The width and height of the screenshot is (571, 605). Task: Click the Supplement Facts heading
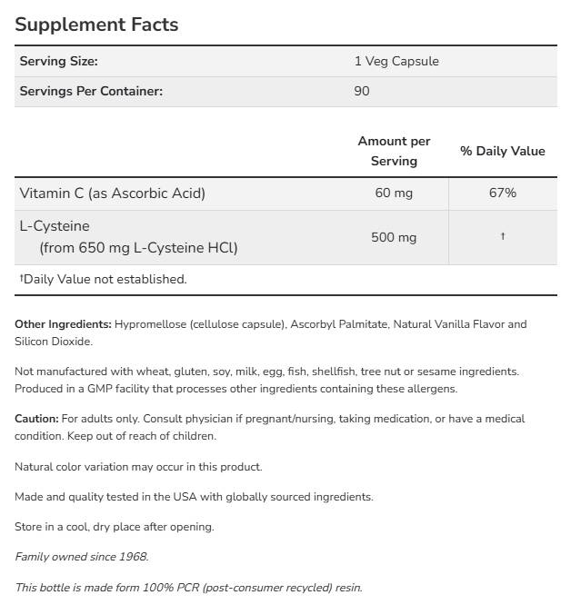(x=96, y=25)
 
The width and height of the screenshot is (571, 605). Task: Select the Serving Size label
(x=58, y=62)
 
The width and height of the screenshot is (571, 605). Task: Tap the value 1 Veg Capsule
(x=396, y=62)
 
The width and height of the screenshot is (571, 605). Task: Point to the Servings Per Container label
(x=91, y=91)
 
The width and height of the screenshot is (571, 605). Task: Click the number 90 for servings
(x=362, y=91)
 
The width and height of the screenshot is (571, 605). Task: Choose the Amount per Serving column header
(x=394, y=151)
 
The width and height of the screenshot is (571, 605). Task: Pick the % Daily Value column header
(x=502, y=151)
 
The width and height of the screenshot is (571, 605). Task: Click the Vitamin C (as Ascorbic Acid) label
(x=113, y=193)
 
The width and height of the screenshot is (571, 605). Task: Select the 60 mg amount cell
(x=394, y=193)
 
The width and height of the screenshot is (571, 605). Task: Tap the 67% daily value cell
(x=502, y=193)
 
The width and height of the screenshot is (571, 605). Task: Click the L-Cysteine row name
(x=55, y=226)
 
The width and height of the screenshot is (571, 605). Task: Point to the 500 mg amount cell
(x=394, y=237)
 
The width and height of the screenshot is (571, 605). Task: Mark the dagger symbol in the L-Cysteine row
(x=502, y=237)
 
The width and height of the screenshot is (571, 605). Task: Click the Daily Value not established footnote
(x=103, y=280)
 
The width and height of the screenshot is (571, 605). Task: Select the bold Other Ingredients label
(x=63, y=324)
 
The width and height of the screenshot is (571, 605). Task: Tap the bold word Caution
(x=36, y=419)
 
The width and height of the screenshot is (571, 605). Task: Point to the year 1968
(x=132, y=557)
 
